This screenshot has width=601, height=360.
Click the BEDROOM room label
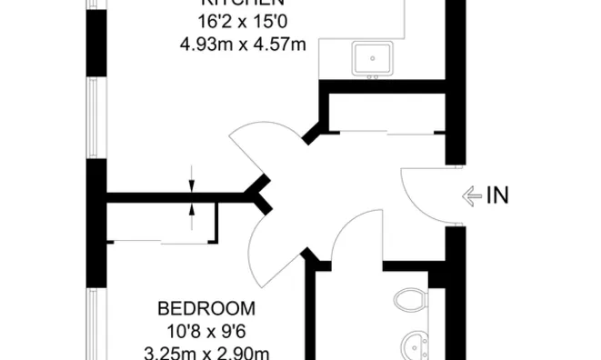pos(205,307)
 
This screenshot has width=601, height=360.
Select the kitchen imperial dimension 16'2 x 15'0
pos(243,22)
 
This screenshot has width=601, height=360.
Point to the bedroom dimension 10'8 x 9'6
pos(205,329)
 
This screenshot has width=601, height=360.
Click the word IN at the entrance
pos(497,195)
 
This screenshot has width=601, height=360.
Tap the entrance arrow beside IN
pos(472,195)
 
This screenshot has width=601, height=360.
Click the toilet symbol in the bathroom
pos(413,301)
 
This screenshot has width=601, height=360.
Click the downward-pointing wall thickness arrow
pos(192,178)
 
